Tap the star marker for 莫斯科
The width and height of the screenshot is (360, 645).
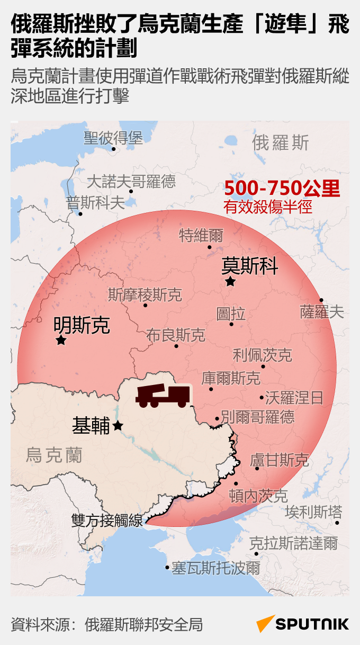tap(230, 282)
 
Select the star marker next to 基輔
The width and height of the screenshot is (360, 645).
tap(118, 425)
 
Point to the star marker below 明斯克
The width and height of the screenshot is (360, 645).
tap(61, 341)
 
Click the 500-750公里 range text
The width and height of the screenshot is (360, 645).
tap(282, 189)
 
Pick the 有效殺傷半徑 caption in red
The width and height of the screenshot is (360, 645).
tap(268, 207)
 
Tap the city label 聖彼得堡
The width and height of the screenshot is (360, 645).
tap(113, 138)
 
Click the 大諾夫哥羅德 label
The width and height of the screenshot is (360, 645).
tap(131, 182)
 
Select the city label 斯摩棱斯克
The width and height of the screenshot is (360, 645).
tap(145, 294)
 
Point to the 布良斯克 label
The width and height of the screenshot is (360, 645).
tap(176, 335)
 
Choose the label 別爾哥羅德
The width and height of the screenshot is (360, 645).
tap(258, 417)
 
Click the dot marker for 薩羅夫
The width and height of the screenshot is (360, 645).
tap(321, 300)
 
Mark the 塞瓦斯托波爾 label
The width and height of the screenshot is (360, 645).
tap(215, 568)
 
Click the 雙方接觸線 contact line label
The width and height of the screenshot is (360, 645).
tap(107, 521)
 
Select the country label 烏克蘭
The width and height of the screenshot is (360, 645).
tap(54, 454)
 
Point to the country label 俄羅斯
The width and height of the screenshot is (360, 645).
tap(281, 142)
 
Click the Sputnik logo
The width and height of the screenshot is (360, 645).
tap(303, 624)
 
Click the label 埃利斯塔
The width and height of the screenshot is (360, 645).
tap(314, 512)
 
